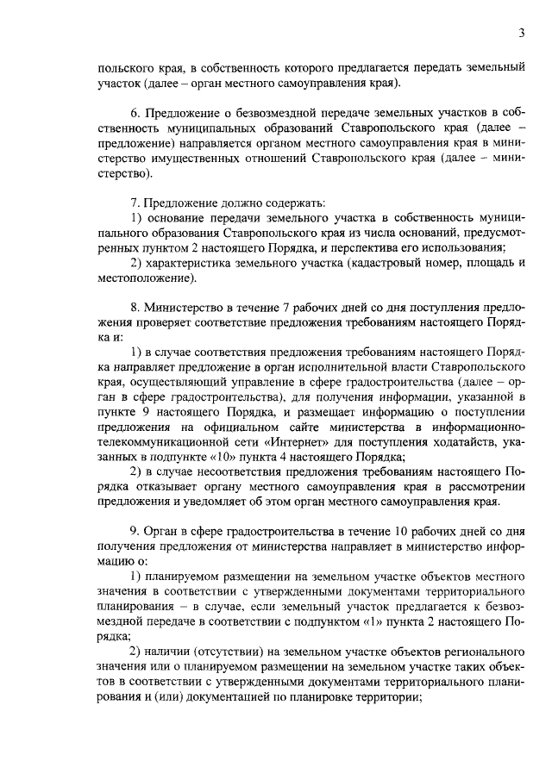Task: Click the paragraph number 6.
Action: point(134,112)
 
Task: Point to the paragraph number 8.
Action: point(134,306)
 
